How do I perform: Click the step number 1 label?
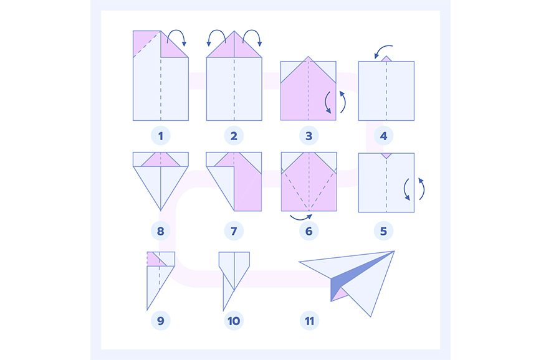pyautogui.click(x=160, y=136)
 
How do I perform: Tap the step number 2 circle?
pyautogui.click(x=234, y=136)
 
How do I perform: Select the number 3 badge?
pyautogui.click(x=309, y=136)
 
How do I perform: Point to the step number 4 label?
pyautogui.click(x=384, y=136)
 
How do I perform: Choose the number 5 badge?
pyautogui.click(x=384, y=231)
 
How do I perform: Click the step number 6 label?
pyautogui.click(x=309, y=231)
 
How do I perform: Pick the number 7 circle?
pyautogui.click(x=234, y=231)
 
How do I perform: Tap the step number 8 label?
pyautogui.click(x=160, y=231)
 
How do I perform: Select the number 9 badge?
pyautogui.click(x=160, y=321)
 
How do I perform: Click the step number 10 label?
pyautogui.click(x=234, y=321)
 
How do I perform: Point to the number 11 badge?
pyautogui.click(x=310, y=321)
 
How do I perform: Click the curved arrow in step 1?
pyautogui.click(x=176, y=31)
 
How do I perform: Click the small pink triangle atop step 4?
pyautogui.click(x=386, y=59)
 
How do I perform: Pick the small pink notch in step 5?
pyautogui.click(x=386, y=156)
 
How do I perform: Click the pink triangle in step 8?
pyautogui.click(x=160, y=160)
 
